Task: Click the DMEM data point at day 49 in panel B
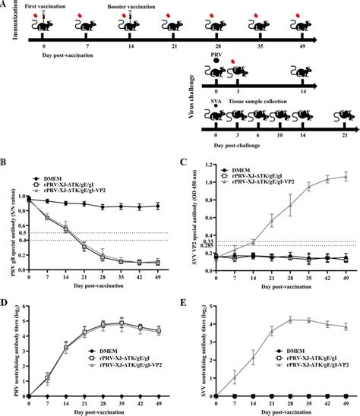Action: (x=158, y=205)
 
